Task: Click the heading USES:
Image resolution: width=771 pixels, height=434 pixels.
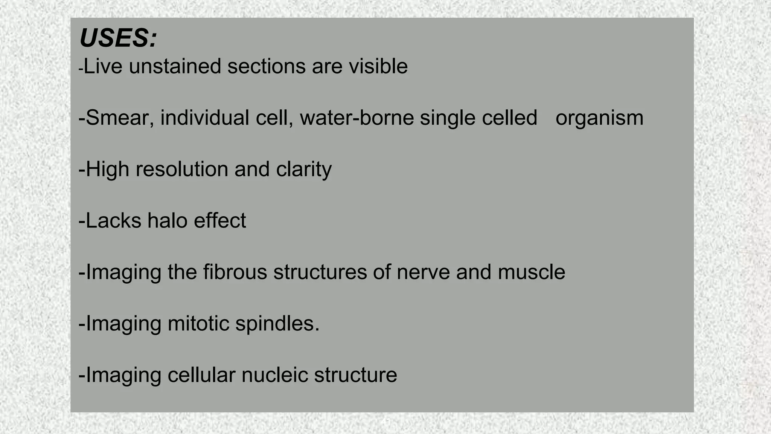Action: [x=118, y=38]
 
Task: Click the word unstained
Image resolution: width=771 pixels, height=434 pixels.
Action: [x=175, y=66]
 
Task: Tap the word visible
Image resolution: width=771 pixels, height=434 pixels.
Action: [x=378, y=66]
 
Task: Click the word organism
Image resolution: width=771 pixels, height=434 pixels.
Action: [x=599, y=118]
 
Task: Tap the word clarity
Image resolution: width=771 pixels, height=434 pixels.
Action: [x=303, y=170]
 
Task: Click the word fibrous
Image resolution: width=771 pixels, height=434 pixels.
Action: [x=235, y=272]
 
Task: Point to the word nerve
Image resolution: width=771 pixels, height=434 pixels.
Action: [x=423, y=272]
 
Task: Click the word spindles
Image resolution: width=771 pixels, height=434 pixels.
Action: [x=277, y=324]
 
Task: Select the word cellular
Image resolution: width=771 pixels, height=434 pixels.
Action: [x=201, y=375]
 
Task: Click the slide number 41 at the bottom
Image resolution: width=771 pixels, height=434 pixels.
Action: [x=385, y=422]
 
